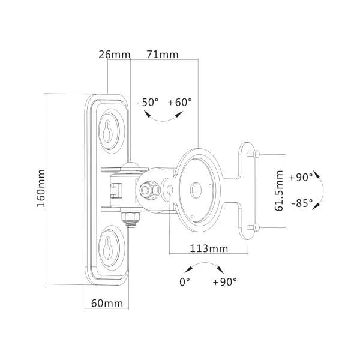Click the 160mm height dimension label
coord(41,189)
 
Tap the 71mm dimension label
coord(162,55)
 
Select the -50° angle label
coord(148,102)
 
